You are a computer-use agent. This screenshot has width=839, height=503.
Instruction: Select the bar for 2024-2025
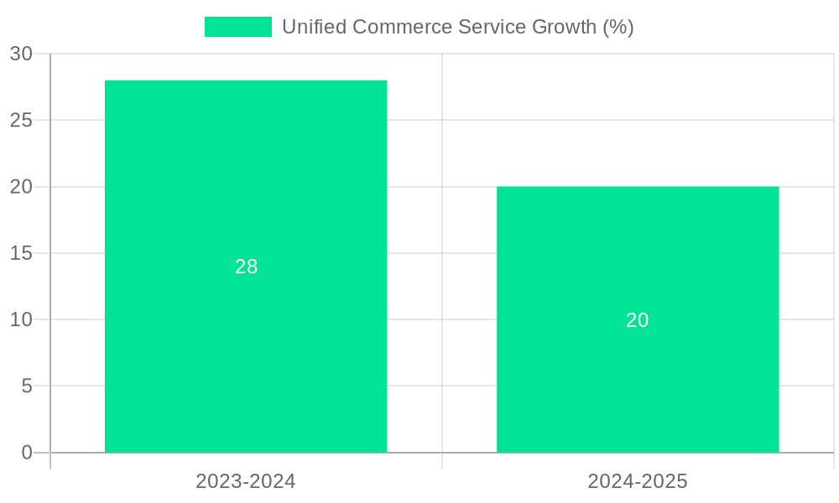638,251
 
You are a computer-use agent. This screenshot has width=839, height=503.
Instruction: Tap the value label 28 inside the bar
246,267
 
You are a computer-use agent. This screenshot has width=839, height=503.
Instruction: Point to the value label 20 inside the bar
638,320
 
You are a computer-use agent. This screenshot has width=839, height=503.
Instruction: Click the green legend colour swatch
238,27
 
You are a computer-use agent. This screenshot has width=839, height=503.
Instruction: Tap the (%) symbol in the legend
618,27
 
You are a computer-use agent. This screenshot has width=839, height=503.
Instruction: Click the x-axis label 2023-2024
246,481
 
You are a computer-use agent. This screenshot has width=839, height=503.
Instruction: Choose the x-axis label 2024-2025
638,481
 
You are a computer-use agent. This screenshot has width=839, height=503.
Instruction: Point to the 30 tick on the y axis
21,54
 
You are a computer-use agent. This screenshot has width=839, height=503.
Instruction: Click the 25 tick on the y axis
21,120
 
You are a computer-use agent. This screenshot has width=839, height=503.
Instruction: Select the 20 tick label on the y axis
21,187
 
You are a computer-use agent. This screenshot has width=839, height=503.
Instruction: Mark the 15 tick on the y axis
21,253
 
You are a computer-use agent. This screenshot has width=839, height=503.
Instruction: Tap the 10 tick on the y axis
21,319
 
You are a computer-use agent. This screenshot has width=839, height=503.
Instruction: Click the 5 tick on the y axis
27,386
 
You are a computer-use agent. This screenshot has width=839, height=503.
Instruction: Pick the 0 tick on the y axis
27,453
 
